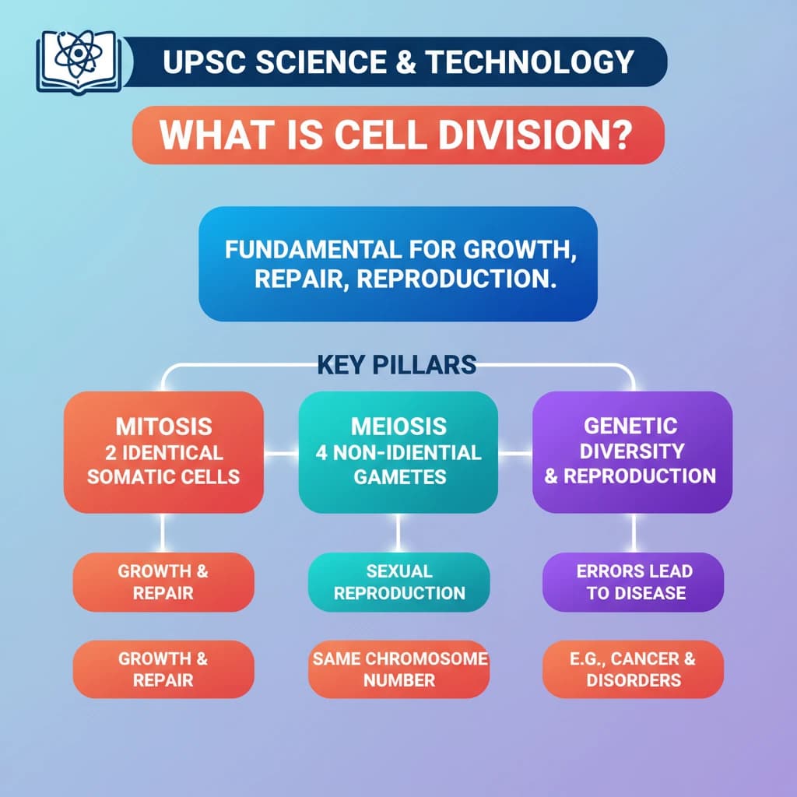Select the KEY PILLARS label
397,364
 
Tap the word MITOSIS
163,427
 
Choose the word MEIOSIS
398,427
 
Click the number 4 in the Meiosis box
321,452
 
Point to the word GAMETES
398,476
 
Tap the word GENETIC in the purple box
630,426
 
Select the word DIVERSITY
632,451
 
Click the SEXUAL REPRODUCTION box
398,582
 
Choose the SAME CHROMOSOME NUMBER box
398,669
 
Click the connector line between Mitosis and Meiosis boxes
281,452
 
